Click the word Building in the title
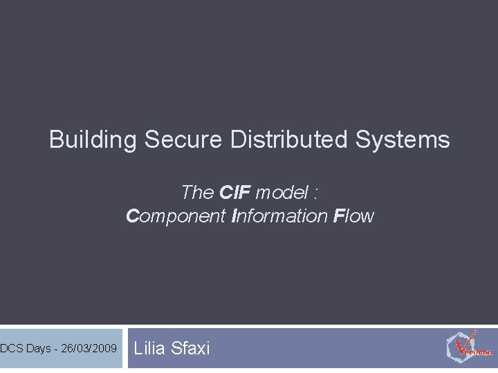(x=93, y=140)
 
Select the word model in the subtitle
(x=280, y=191)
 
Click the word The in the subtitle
(x=197, y=191)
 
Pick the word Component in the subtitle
(x=176, y=216)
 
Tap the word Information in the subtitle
(x=279, y=216)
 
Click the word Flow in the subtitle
(x=353, y=216)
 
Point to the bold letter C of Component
(x=133, y=216)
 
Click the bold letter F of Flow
(x=338, y=216)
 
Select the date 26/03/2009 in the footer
(x=89, y=348)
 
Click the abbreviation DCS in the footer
(x=12, y=348)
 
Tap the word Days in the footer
(x=39, y=348)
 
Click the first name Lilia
(x=149, y=348)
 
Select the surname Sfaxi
(x=189, y=348)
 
